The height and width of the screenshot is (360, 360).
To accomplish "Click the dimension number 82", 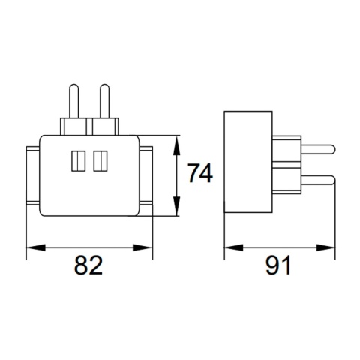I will [88, 265].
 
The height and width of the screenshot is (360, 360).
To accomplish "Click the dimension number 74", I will [200, 174].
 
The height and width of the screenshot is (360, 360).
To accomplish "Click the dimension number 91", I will [277, 265].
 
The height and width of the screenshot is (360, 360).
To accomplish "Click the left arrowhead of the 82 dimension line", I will [32, 246].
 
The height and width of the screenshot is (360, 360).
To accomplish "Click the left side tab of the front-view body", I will [32, 175].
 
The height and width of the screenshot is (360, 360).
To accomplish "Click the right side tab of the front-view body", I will [145, 175].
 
